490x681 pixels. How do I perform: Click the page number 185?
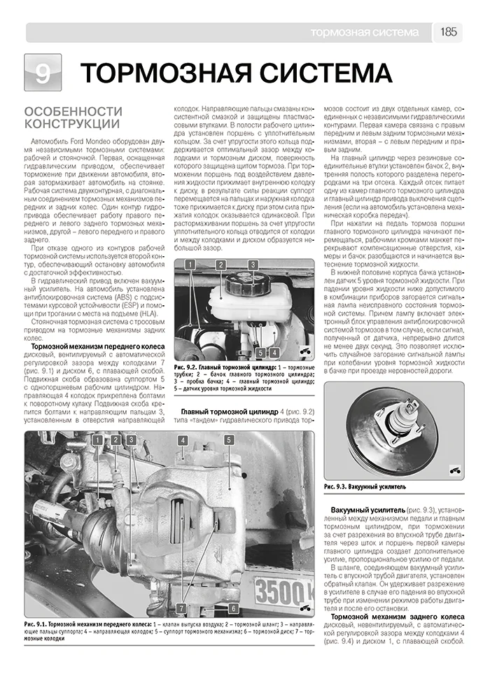(449, 32)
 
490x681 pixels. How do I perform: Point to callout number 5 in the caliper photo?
(228, 440)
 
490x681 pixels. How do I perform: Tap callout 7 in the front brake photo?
(181, 608)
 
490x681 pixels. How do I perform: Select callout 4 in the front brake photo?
(182, 440)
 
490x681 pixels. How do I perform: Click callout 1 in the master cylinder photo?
(189, 265)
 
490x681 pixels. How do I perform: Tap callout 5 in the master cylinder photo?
(260, 353)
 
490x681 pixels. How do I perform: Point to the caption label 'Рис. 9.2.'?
(188, 367)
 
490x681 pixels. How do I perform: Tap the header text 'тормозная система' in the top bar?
(365, 32)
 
